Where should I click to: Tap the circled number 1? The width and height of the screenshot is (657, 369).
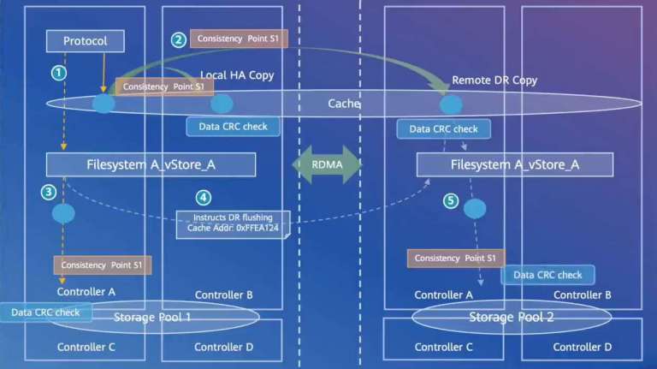point(58,73)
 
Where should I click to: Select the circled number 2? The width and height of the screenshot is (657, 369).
point(178,39)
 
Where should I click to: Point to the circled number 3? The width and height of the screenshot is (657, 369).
point(50,192)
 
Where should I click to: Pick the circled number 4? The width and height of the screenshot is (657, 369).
point(203,197)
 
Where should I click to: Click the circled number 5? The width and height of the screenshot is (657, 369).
point(450,201)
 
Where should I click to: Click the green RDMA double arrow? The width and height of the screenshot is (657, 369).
point(328,164)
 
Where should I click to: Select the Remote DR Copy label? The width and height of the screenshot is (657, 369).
point(494,80)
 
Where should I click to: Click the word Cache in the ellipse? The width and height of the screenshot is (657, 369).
point(344,104)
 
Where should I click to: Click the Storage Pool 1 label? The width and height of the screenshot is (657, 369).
point(152,318)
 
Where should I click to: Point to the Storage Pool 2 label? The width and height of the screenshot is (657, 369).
point(511,318)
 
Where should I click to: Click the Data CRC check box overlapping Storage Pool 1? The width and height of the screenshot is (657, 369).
point(45,312)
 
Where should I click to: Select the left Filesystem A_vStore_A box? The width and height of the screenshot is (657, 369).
point(151,164)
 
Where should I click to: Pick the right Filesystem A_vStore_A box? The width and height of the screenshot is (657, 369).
point(514,164)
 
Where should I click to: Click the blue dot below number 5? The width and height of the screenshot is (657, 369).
point(474,209)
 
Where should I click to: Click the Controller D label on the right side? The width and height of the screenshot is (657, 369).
point(582,347)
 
